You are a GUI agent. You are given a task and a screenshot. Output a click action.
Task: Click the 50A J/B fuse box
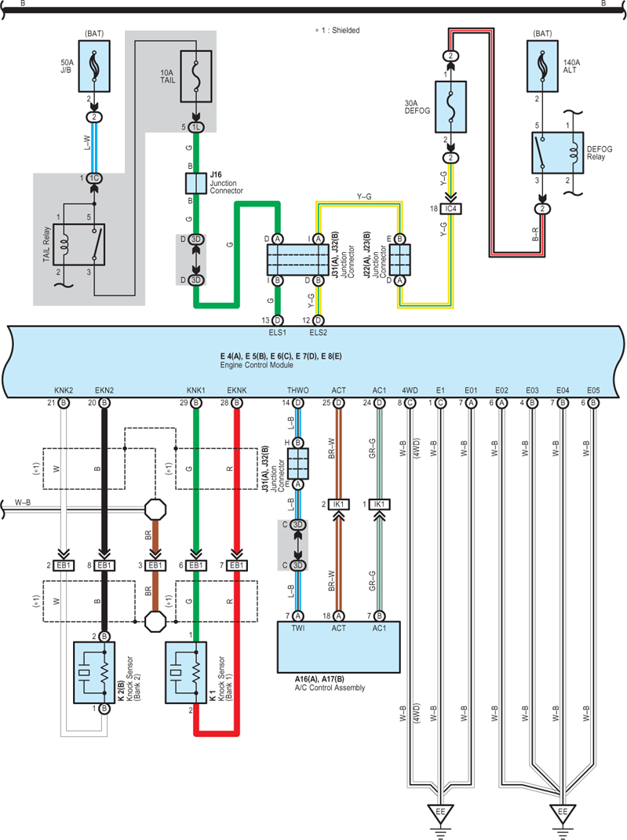point(94,66)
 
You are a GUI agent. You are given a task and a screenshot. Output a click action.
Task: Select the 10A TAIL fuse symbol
point(196,76)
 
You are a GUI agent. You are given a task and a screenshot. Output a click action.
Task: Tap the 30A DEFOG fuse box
point(451,107)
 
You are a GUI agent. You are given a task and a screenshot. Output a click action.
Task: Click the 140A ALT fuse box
point(542,66)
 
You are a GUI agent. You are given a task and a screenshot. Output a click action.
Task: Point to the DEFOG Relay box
point(557,152)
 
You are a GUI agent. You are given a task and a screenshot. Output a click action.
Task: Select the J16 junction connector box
point(196,183)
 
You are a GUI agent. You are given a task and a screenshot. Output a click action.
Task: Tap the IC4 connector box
point(451,208)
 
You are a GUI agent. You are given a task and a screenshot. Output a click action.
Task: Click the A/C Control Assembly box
point(338,647)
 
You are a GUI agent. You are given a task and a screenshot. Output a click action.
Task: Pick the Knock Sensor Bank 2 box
point(94,672)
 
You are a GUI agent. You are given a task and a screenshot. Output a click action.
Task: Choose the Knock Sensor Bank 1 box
point(186,672)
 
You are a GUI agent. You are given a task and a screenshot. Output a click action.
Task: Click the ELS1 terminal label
point(277,333)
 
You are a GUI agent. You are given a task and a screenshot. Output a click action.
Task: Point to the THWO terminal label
point(297,390)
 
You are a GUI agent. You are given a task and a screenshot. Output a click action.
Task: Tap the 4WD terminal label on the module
point(410,390)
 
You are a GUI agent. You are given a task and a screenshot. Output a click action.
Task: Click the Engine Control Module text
point(257,365)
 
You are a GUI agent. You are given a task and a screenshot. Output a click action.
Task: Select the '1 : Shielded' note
point(337,31)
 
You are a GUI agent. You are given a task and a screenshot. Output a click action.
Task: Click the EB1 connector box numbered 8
point(104,565)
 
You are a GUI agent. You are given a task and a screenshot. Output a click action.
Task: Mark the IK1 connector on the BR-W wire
point(338,504)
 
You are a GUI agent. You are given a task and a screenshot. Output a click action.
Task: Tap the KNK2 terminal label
point(64,390)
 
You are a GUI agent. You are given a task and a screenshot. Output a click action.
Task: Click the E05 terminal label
point(593,390)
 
